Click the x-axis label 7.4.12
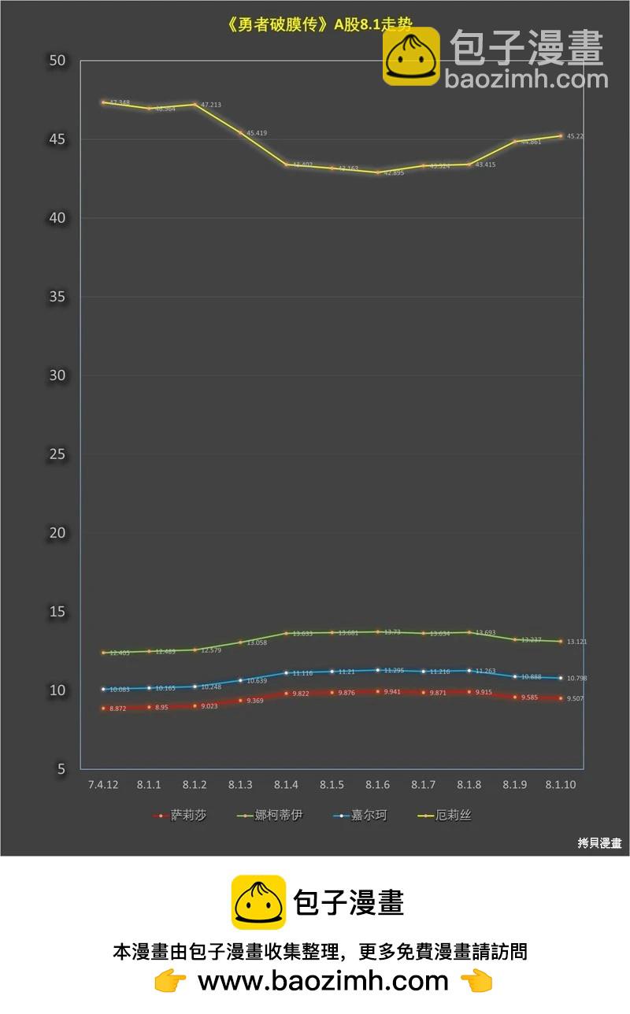pyautogui.click(x=103, y=786)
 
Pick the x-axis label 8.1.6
pyautogui.click(x=377, y=786)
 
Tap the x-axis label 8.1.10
pyautogui.click(x=560, y=786)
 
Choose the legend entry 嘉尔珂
pyautogui.click(x=369, y=816)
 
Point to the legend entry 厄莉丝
pyautogui.click(x=453, y=816)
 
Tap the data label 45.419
pyautogui.click(x=257, y=133)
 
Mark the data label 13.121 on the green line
pyautogui.click(x=577, y=642)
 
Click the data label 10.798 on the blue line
pyautogui.click(x=577, y=678)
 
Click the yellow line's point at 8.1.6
pyautogui.click(x=377, y=172)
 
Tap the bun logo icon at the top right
pyautogui.click(x=411, y=57)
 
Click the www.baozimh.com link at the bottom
pyautogui.click(x=323, y=981)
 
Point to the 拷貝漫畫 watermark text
pyautogui.click(x=599, y=843)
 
